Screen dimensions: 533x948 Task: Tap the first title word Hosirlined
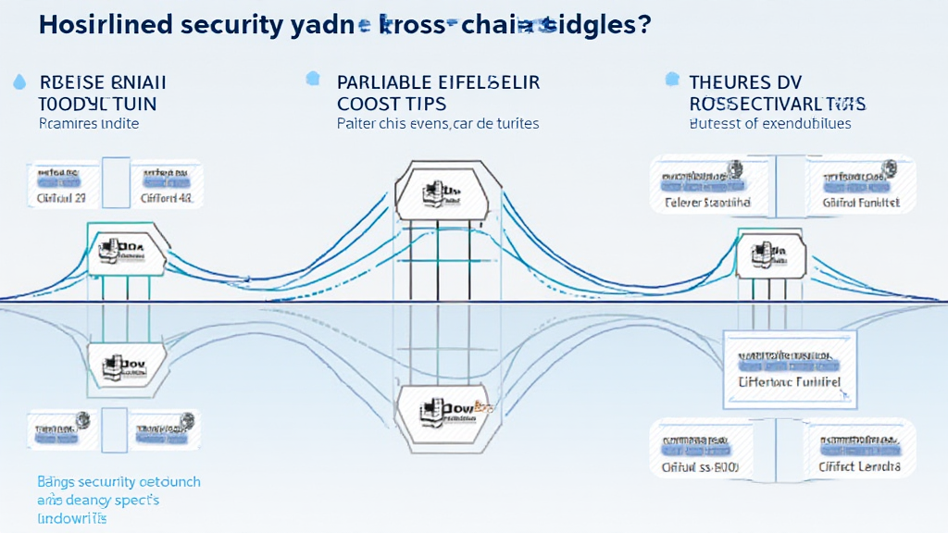pos(92,25)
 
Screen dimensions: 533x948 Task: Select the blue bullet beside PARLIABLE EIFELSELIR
pos(313,80)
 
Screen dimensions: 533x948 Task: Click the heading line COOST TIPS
pos(392,103)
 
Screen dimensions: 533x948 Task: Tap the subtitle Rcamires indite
pos(89,123)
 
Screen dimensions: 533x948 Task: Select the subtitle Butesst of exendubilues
pos(770,123)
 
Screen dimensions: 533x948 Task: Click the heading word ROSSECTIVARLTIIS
pos(778,103)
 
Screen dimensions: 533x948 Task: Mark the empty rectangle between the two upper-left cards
pos(116,182)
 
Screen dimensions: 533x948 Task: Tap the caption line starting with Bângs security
pos(118,482)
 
